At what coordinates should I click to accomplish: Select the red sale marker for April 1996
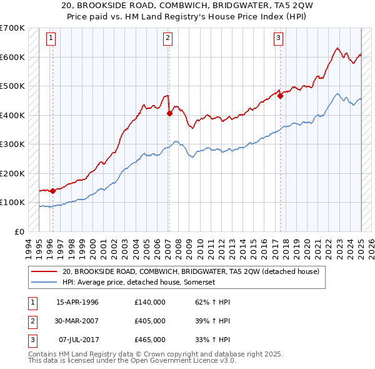coord(52,191)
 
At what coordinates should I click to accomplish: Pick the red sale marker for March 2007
coord(169,114)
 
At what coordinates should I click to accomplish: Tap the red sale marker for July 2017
coord(281,96)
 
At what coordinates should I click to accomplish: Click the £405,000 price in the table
coord(150,321)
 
